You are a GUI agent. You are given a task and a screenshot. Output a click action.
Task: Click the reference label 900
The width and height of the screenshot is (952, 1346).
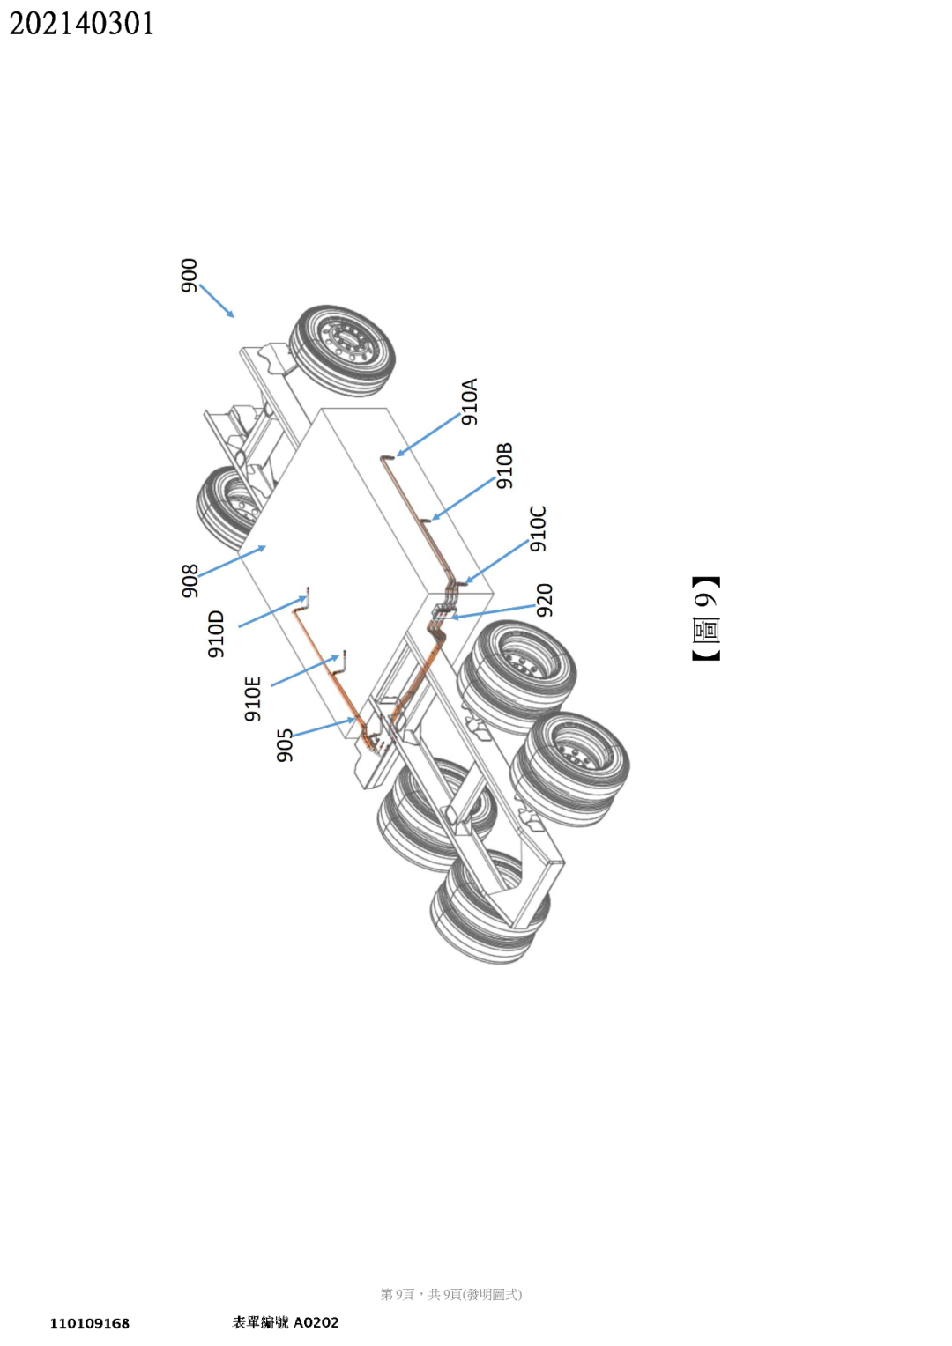[x=190, y=275]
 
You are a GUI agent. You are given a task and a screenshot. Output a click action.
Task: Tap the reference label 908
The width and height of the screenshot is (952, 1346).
[x=190, y=581]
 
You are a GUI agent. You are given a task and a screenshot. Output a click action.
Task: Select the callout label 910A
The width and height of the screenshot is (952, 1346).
[x=470, y=402]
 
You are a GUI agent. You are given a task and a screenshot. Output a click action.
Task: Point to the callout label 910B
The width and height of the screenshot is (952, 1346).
[x=504, y=466]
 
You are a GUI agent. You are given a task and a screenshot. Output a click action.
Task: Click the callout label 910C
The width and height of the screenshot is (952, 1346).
[x=539, y=529]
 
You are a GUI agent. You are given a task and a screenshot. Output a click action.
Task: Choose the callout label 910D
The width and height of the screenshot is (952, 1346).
[x=216, y=633]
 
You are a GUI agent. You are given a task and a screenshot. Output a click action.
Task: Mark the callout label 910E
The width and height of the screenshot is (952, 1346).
[x=253, y=699]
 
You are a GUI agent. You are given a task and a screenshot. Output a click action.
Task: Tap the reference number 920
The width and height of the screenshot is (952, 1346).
[x=545, y=600]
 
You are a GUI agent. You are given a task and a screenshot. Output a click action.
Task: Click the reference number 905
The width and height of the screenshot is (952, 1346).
[x=284, y=745]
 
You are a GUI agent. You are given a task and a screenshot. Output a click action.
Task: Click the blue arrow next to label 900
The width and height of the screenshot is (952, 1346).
[x=217, y=300]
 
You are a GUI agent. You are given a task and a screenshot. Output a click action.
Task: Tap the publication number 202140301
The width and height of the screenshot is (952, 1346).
[x=82, y=24]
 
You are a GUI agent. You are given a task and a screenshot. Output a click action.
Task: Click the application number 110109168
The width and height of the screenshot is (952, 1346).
[x=89, y=1323]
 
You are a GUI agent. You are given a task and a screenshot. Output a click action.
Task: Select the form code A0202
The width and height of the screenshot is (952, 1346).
[x=316, y=1322]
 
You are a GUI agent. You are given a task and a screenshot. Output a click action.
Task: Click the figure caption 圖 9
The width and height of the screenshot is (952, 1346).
[x=706, y=618]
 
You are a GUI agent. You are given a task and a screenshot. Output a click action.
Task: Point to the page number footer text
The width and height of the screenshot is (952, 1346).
[x=450, y=1294]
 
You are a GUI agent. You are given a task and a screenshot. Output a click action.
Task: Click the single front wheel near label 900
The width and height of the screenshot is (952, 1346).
[x=344, y=350]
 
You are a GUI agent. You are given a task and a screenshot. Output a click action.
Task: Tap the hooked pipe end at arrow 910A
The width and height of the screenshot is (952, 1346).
[x=386, y=458]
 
